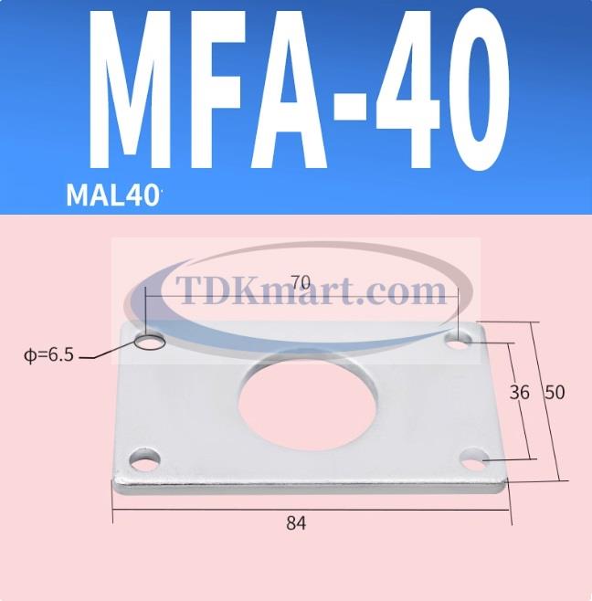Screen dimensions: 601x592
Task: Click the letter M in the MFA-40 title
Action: tap(143, 96)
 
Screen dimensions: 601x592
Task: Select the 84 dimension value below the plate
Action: tap(295, 523)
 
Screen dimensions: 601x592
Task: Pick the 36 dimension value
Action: tap(519, 393)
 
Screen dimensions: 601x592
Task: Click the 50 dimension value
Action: tap(554, 393)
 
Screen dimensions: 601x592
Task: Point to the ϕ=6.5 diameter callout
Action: tap(48, 355)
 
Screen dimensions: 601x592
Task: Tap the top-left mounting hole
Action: tap(149, 341)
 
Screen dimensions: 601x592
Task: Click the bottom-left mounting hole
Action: tap(143, 458)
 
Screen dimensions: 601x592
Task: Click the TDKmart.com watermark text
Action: tap(301, 292)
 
